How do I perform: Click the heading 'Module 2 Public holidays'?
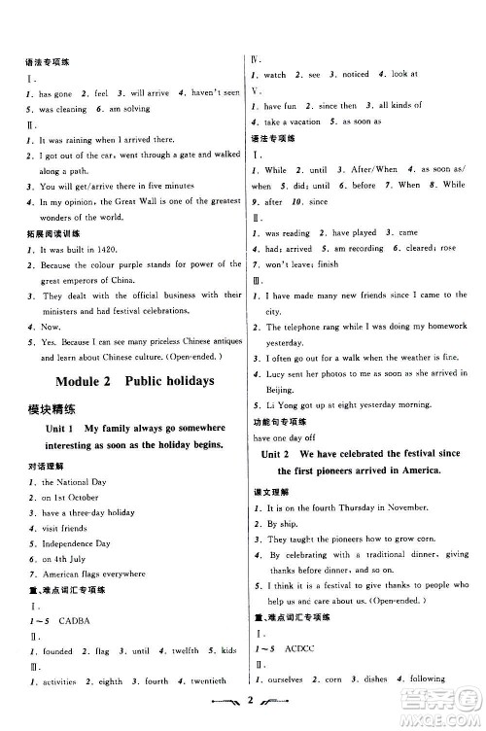[135, 380]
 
